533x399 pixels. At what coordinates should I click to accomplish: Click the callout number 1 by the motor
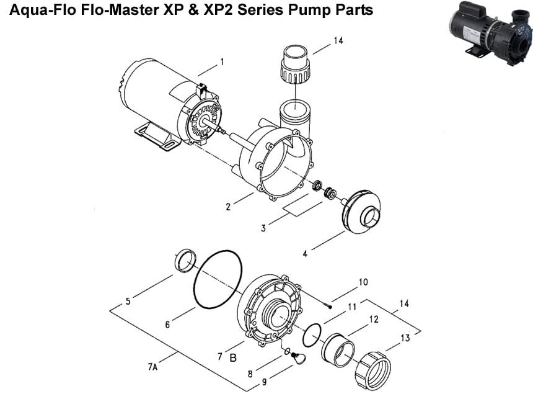pyautogui.click(x=221, y=61)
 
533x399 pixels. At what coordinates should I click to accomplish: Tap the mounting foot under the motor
pyautogui.click(x=152, y=135)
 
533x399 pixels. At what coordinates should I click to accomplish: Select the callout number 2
pyautogui.click(x=228, y=207)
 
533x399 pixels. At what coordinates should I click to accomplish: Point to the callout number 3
pyautogui.click(x=263, y=228)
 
